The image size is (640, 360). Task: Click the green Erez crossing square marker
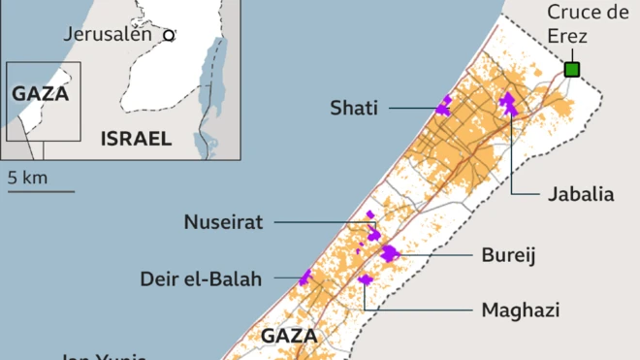[x=572, y=69]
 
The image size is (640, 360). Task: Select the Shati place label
[x=353, y=108]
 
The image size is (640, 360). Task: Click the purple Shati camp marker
[x=444, y=107]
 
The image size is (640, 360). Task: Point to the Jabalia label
[x=581, y=194]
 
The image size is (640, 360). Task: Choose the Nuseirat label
[x=224, y=222]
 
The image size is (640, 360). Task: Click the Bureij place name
[x=509, y=255]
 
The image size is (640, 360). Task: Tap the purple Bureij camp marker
[x=390, y=253]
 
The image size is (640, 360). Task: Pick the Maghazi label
[x=521, y=311]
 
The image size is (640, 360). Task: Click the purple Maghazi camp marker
[x=366, y=280]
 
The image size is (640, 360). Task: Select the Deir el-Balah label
[x=201, y=279]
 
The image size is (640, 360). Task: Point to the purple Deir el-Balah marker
[x=306, y=278]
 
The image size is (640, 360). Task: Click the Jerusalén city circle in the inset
[x=169, y=35]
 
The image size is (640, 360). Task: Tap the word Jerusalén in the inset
[x=108, y=34]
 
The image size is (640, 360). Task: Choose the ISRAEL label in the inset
[x=136, y=139]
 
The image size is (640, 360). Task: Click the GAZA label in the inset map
[x=41, y=94]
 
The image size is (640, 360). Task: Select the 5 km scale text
[x=27, y=178]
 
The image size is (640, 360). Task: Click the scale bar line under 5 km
[x=41, y=191]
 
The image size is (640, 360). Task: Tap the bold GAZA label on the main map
[x=289, y=336]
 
